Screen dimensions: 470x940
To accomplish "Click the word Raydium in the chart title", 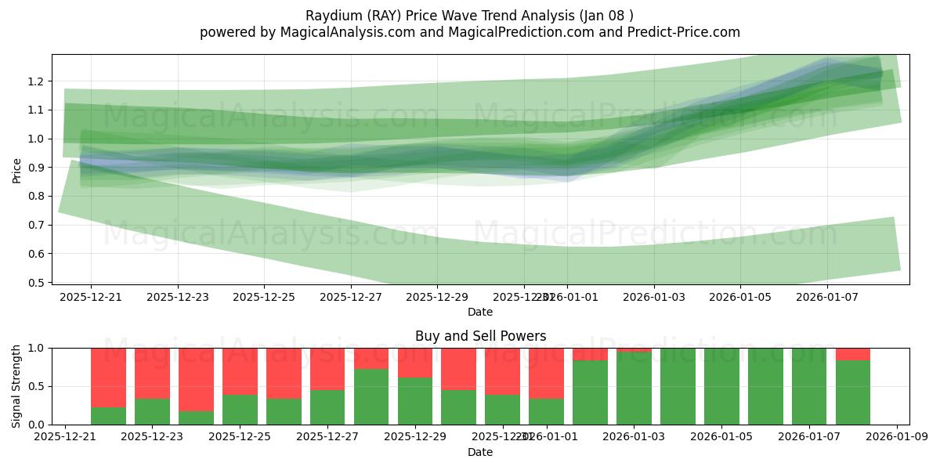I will click(x=330, y=15).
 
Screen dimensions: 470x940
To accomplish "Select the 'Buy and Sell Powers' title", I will click(x=480, y=336).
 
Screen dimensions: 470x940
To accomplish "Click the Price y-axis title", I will click(x=17, y=169).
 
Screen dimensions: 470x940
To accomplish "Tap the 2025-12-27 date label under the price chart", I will click(x=351, y=297).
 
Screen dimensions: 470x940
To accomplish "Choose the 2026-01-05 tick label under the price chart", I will click(x=741, y=297).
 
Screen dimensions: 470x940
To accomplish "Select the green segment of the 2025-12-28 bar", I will click(x=371, y=396).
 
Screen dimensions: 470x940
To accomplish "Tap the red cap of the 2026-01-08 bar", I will click(x=853, y=354).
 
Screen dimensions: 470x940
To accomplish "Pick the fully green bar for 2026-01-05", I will click(x=721, y=386).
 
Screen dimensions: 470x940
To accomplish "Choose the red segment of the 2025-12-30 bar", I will click(x=459, y=368).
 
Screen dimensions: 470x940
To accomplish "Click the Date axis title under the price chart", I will click(x=480, y=312).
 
